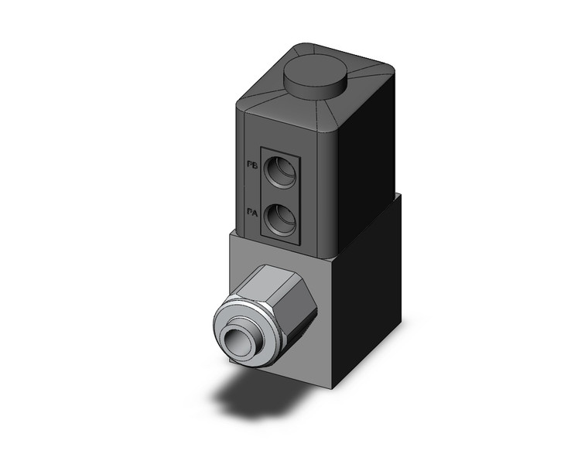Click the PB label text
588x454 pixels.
pyautogui.click(x=251, y=166)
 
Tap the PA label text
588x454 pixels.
pyautogui.click(x=251, y=210)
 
